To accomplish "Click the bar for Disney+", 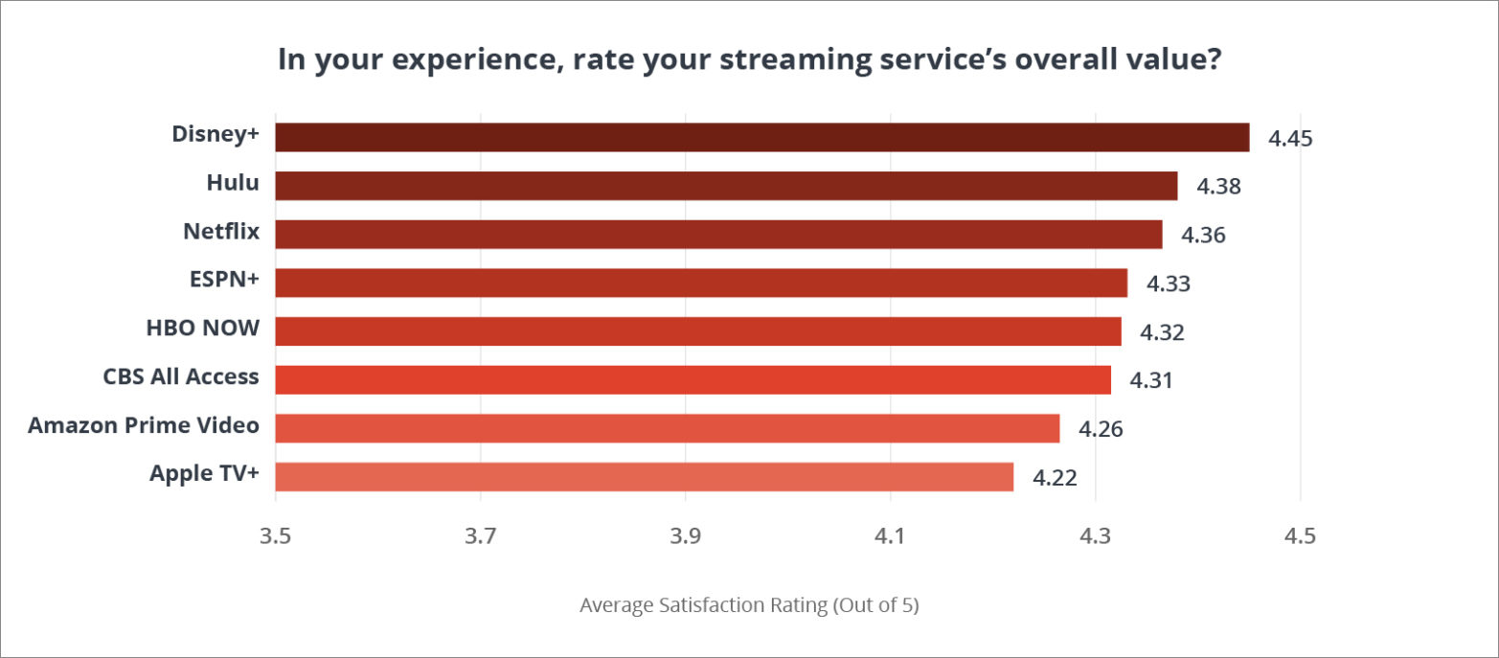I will click(761, 137).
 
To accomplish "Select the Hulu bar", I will click(726, 186).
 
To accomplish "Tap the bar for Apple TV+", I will click(644, 476).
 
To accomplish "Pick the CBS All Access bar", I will click(693, 379).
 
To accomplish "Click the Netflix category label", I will click(221, 232).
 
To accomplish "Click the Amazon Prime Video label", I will click(144, 424).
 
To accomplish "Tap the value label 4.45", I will click(1290, 138).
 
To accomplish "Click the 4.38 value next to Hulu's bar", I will click(1218, 187).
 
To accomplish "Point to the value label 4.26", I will click(1101, 429).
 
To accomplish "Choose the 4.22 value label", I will click(1055, 477).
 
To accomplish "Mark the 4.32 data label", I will click(1162, 332).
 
